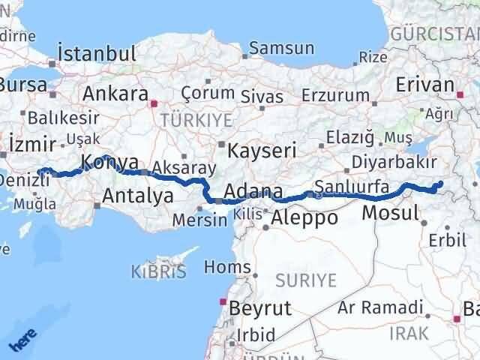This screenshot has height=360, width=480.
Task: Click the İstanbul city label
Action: point(97,54)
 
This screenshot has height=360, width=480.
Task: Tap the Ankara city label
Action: point(115,94)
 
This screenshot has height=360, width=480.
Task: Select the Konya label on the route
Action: point(109,162)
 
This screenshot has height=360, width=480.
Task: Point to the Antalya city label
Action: point(138,196)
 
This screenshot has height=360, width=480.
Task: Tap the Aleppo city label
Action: point(304,218)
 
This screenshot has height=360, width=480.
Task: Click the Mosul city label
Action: point(390,213)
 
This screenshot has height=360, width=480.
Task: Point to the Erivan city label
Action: point(424,85)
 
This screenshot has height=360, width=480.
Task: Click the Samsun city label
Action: point(281,48)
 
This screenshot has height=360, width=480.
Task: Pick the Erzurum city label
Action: point(335,96)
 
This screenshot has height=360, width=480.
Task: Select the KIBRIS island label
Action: point(158,271)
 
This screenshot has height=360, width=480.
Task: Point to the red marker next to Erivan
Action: point(460,94)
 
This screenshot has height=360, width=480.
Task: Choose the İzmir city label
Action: point(27,142)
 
